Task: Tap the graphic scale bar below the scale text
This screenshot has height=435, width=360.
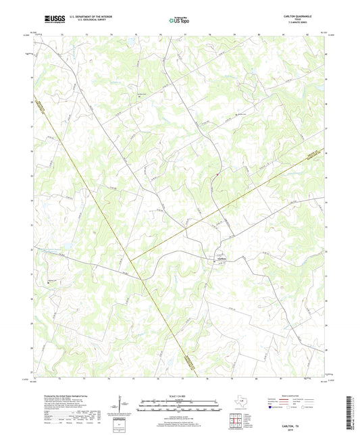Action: click(x=180, y=405)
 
